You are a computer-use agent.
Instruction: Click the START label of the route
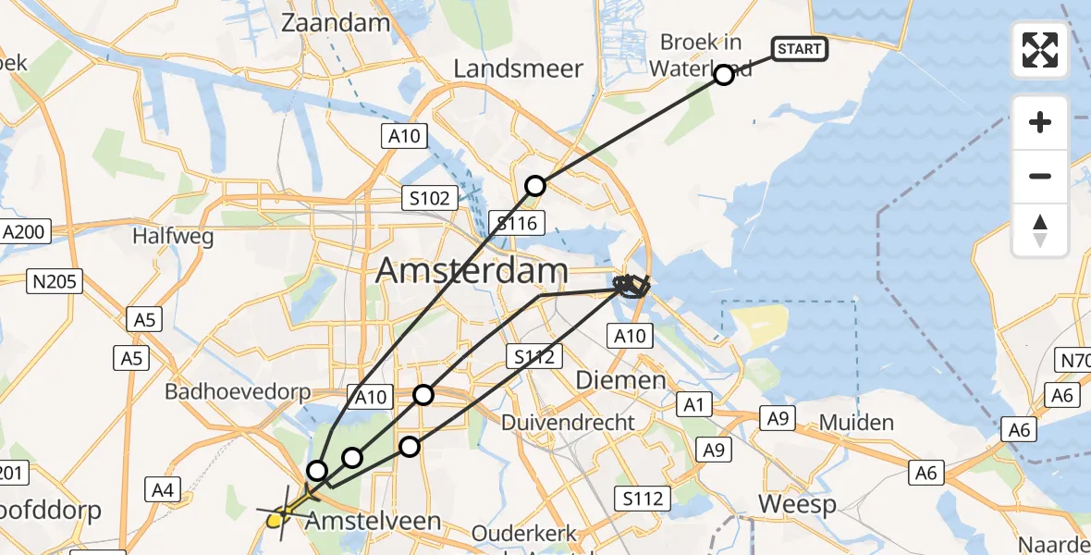click(x=799, y=48)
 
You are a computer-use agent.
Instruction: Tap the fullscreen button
click(x=1040, y=50)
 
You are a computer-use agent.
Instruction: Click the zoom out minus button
click(x=1040, y=176)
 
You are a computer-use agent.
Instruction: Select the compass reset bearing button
click(x=1040, y=229)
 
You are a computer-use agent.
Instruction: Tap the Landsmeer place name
click(x=519, y=68)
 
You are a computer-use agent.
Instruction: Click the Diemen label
click(x=620, y=380)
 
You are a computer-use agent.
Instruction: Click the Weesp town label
click(x=797, y=504)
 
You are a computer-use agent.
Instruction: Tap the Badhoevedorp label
click(x=238, y=391)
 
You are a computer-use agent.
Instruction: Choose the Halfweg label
click(x=173, y=237)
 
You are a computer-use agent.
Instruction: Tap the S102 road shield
click(x=431, y=198)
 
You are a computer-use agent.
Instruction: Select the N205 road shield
click(x=57, y=281)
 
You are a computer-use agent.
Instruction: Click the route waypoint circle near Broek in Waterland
click(x=724, y=75)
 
